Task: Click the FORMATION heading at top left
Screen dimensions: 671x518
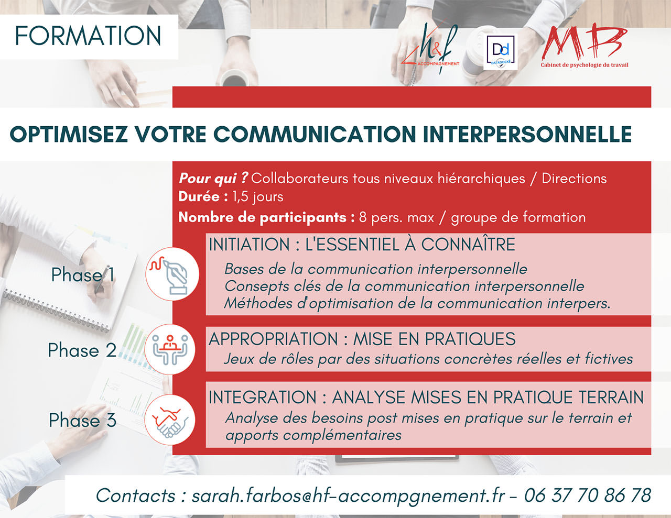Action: [88, 36]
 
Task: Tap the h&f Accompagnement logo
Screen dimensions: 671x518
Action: [430, 48]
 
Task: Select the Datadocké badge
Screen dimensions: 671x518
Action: [500, 52]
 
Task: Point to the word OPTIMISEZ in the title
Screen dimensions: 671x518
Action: [69, 135]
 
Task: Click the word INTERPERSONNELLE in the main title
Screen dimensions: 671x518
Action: [527, 135]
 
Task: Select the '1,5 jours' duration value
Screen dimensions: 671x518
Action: [258, 197]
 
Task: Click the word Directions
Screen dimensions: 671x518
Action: [574, 179]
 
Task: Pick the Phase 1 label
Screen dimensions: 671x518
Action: [83, 274]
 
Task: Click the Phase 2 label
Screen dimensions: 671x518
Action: [82, 350]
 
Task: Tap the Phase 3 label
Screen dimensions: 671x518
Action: [83, 420]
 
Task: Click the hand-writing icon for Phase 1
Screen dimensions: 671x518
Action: [172, 274]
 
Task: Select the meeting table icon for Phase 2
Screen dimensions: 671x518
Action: [170, 349]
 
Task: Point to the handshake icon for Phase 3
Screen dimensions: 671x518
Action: [170, 420]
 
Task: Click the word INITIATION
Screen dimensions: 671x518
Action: [249, 245]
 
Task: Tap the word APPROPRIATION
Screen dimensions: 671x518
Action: [273, 339]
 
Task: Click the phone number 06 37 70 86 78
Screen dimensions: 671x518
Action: [588, 495]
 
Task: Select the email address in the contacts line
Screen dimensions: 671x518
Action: [348, 496]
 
